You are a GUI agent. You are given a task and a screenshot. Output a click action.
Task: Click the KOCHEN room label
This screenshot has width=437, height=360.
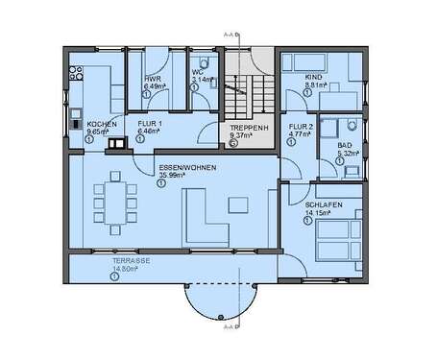pyautogui.click(x=102, y=125)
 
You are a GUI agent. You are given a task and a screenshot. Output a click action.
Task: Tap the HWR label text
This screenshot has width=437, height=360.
pyautogui.click(x=152, y=78)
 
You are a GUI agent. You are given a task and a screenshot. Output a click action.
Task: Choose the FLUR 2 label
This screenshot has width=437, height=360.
pyautogui.click(x=302, y=126)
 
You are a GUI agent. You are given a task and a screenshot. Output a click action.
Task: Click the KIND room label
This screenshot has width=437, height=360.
pyautogui.click(x=312, y=77)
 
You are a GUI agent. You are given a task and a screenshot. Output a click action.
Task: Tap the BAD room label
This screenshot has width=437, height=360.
pyautogui.click(x=344, y=145)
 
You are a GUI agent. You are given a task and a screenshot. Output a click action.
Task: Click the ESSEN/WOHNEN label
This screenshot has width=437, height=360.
pyautogui.click(x=188, y=168)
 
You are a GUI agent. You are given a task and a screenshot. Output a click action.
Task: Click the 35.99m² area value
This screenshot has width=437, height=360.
pyautogui.click(x=172, y=176)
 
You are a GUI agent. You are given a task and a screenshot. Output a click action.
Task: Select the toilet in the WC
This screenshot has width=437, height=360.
pyautogui.click(x=209, y=86)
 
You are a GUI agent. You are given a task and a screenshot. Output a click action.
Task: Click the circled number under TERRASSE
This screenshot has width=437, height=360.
pyautogui.click(x=114, y=277)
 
